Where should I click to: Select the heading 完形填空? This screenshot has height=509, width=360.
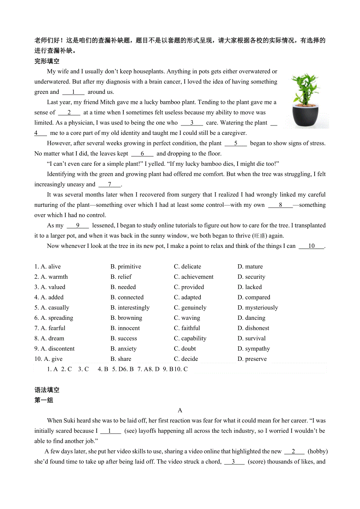(x=47, y=61)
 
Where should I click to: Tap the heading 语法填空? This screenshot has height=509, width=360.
(x=47, y=390)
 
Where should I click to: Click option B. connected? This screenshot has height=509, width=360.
(x=127, y=298)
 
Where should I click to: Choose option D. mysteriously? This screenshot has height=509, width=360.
(x=257, y=308)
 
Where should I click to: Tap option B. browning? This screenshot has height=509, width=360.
(x=126, y=318)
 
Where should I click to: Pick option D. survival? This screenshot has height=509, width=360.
(x=251, y=339)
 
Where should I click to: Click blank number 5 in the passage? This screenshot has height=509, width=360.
(x=236, y=143)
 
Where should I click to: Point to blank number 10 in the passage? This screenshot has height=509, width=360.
(x=311, y=246)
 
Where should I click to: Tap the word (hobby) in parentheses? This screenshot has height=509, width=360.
(x=317, y=451)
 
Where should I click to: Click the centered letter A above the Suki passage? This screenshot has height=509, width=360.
(x=180, y=410)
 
